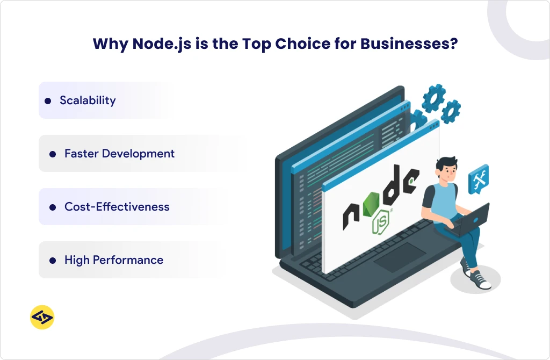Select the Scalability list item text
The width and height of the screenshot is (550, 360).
(x=88, y=100)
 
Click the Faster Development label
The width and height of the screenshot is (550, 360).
(x=119, y=154)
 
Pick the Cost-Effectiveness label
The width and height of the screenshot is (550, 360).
(x=117, y=207)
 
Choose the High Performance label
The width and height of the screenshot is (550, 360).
(x=113, y=260)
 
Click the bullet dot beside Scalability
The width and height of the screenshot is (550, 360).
(x=48, y=100)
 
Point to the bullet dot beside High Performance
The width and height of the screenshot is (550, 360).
(x=53, y=260)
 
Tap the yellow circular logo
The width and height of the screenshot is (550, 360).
(x=42, y=317)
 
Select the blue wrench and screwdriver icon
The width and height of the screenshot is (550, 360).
(x=478, y=179)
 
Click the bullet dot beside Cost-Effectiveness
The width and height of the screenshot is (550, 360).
(x=53, y=207)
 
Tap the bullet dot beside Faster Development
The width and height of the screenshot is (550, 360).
(x=53, y=154)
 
